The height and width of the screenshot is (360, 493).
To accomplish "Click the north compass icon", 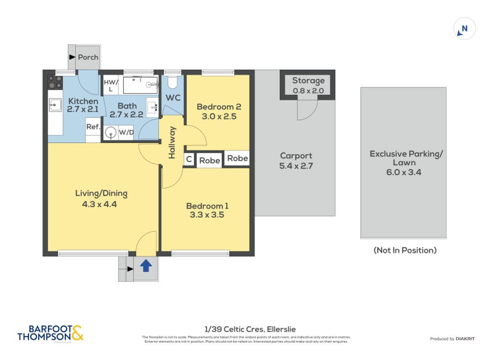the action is point(465,28).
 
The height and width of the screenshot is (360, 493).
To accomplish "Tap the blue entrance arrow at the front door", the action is point(146,266).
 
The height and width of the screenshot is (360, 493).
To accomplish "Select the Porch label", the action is point(88,57).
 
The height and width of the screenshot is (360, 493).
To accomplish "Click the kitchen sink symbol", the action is point(55,105).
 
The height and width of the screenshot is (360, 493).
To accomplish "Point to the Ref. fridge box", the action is point(93,126).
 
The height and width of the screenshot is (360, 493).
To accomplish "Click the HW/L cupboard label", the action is point(111,86).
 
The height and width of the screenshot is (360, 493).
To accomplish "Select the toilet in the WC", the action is point(173,83).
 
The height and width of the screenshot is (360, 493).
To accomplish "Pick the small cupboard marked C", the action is point(189,160).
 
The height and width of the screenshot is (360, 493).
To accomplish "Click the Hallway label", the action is point(173,143).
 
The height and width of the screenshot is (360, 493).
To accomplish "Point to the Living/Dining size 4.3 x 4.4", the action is point(96,205).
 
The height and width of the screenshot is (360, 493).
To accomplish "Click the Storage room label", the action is point(308,81).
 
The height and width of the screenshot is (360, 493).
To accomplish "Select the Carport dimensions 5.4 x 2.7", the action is point(296,166).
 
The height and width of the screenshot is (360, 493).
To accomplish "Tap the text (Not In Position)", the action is point(405,250).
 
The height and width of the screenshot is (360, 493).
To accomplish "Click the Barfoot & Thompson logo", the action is point(50,333).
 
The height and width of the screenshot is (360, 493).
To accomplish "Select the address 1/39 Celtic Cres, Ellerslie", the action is point(247,329).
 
